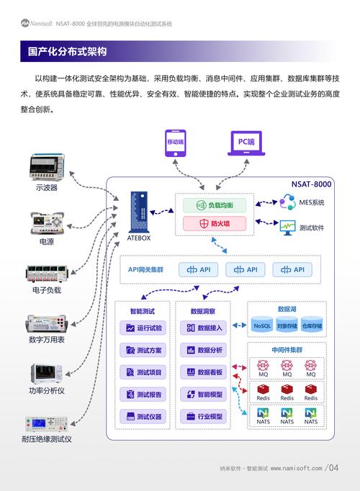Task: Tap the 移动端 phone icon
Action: (176, 143)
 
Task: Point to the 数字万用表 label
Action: (47, 340)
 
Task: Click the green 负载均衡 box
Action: (214, 205)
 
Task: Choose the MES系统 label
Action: (312, 203)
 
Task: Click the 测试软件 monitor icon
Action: (288, 227)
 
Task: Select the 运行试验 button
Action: (143, 328)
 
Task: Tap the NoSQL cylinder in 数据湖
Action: (263, 326)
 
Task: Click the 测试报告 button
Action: (143, 395)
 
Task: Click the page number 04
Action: (333, 468)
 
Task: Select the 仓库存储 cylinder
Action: (312, 326)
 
